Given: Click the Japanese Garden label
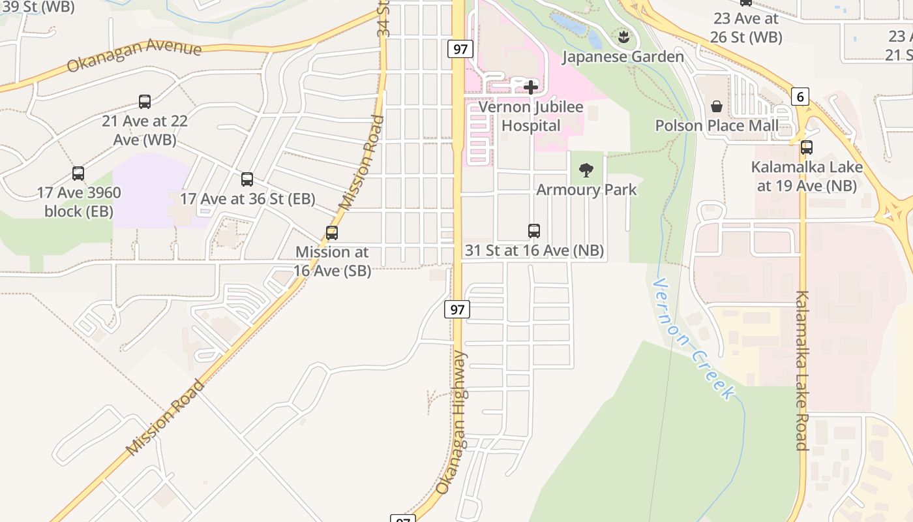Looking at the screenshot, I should (x=623, y=57).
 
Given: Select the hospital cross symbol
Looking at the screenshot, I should (x=531, y=87).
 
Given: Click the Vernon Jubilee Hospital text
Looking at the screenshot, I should (x=531, y=116).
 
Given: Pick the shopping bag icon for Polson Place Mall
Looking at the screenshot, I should (x=717, y=106).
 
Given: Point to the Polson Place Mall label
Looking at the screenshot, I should (x=717, y=125).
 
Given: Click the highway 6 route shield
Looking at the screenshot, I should (x=800, y=97).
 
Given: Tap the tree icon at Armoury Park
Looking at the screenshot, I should (x=586, y=170).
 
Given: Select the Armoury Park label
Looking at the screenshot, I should (x=586, y=190).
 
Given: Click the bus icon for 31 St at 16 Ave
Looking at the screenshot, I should (x=534, y=230).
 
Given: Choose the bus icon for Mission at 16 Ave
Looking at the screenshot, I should (x=332, y=232).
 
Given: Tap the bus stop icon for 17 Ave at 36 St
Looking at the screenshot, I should (x=247, y=179).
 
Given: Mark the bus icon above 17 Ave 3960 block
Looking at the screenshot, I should (x=78, y=174).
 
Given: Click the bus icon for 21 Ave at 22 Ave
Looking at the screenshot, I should (x=145, y=102).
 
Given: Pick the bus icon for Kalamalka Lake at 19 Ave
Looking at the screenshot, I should (x=807, y=147).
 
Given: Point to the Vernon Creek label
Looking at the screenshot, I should (x=693, y=339).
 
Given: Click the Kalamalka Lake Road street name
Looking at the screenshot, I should (x=802, y=371).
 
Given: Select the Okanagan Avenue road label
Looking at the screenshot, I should (x=134, y=56).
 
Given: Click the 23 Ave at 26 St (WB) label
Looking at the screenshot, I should (x=746, y=28).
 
